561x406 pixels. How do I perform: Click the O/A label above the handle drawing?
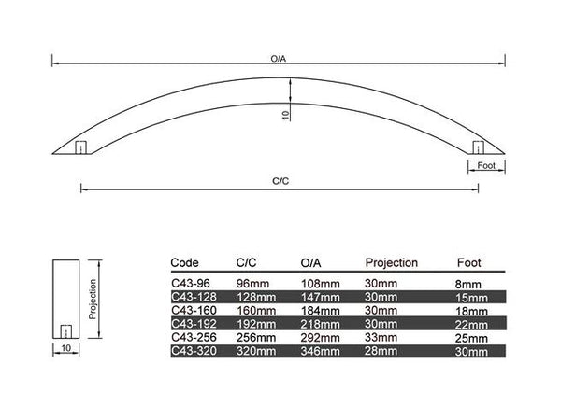tap(279, 59)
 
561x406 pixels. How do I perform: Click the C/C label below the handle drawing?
tap(280, 181)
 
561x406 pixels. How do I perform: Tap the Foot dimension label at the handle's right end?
tap(486, 166)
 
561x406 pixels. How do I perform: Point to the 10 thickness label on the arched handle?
tap(285, 115)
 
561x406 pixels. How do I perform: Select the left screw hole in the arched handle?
tap(80, 147)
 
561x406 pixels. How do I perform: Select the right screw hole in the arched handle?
tap(479, 147)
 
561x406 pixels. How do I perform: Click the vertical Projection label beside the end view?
tap(93, 299)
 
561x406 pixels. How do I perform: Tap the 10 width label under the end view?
tap(66, 348)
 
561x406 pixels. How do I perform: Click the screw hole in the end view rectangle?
tap(65, 331)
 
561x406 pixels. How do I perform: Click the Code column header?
tap(184, 263)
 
